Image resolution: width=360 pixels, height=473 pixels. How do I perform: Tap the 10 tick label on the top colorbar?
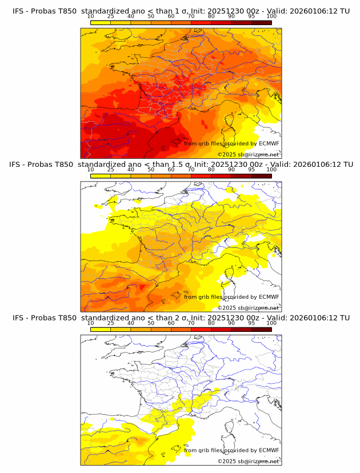90,17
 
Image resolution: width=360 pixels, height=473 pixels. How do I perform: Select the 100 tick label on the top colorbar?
271,17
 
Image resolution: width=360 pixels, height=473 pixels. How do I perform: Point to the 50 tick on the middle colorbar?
151,170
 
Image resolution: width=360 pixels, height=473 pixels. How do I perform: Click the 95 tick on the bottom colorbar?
251,323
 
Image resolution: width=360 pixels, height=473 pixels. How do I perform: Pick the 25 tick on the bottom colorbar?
110,323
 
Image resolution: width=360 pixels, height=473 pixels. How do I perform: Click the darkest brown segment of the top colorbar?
261,22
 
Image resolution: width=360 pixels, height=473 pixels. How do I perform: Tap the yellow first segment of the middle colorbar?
100,175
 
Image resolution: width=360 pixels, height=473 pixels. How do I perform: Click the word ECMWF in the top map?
269,143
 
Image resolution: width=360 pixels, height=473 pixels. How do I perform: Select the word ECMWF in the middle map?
269,296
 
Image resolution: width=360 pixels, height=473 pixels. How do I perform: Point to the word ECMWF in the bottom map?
269,450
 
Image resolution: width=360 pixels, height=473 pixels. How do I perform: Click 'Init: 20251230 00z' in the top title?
228,11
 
